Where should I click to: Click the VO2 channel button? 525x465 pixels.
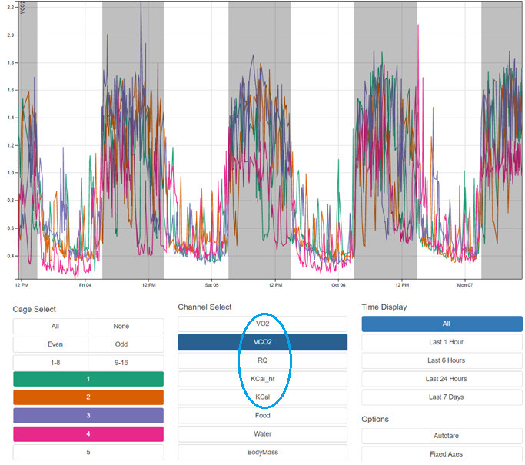click(x=262, y=324)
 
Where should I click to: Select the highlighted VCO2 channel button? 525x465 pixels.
click(x=262, y=342)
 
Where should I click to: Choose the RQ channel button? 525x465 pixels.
click(x=262, y=360)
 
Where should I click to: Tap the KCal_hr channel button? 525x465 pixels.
click(x=262, y=379)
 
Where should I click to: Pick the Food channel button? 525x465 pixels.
click(x=262, y=416)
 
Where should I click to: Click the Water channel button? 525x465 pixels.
click(x=262, y=434)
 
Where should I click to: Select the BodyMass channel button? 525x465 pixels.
click(x=262, y=453)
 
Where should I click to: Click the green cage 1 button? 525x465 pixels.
click(x=88, y=379)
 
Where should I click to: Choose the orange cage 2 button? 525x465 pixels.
click(x=88, y=397)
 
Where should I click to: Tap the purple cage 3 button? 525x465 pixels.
click(x=88, y=416)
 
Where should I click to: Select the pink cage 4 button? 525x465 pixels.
click(x=88, y=434)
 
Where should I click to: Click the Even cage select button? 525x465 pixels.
click(x=51, y=344)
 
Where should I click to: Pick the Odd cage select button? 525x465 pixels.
click(x=125, y=344)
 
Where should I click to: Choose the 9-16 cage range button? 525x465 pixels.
click(x=125, y=363)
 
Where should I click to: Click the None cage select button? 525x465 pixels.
click(x=125, y=326)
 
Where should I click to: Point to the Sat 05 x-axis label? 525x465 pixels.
click(x=211, y=284)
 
